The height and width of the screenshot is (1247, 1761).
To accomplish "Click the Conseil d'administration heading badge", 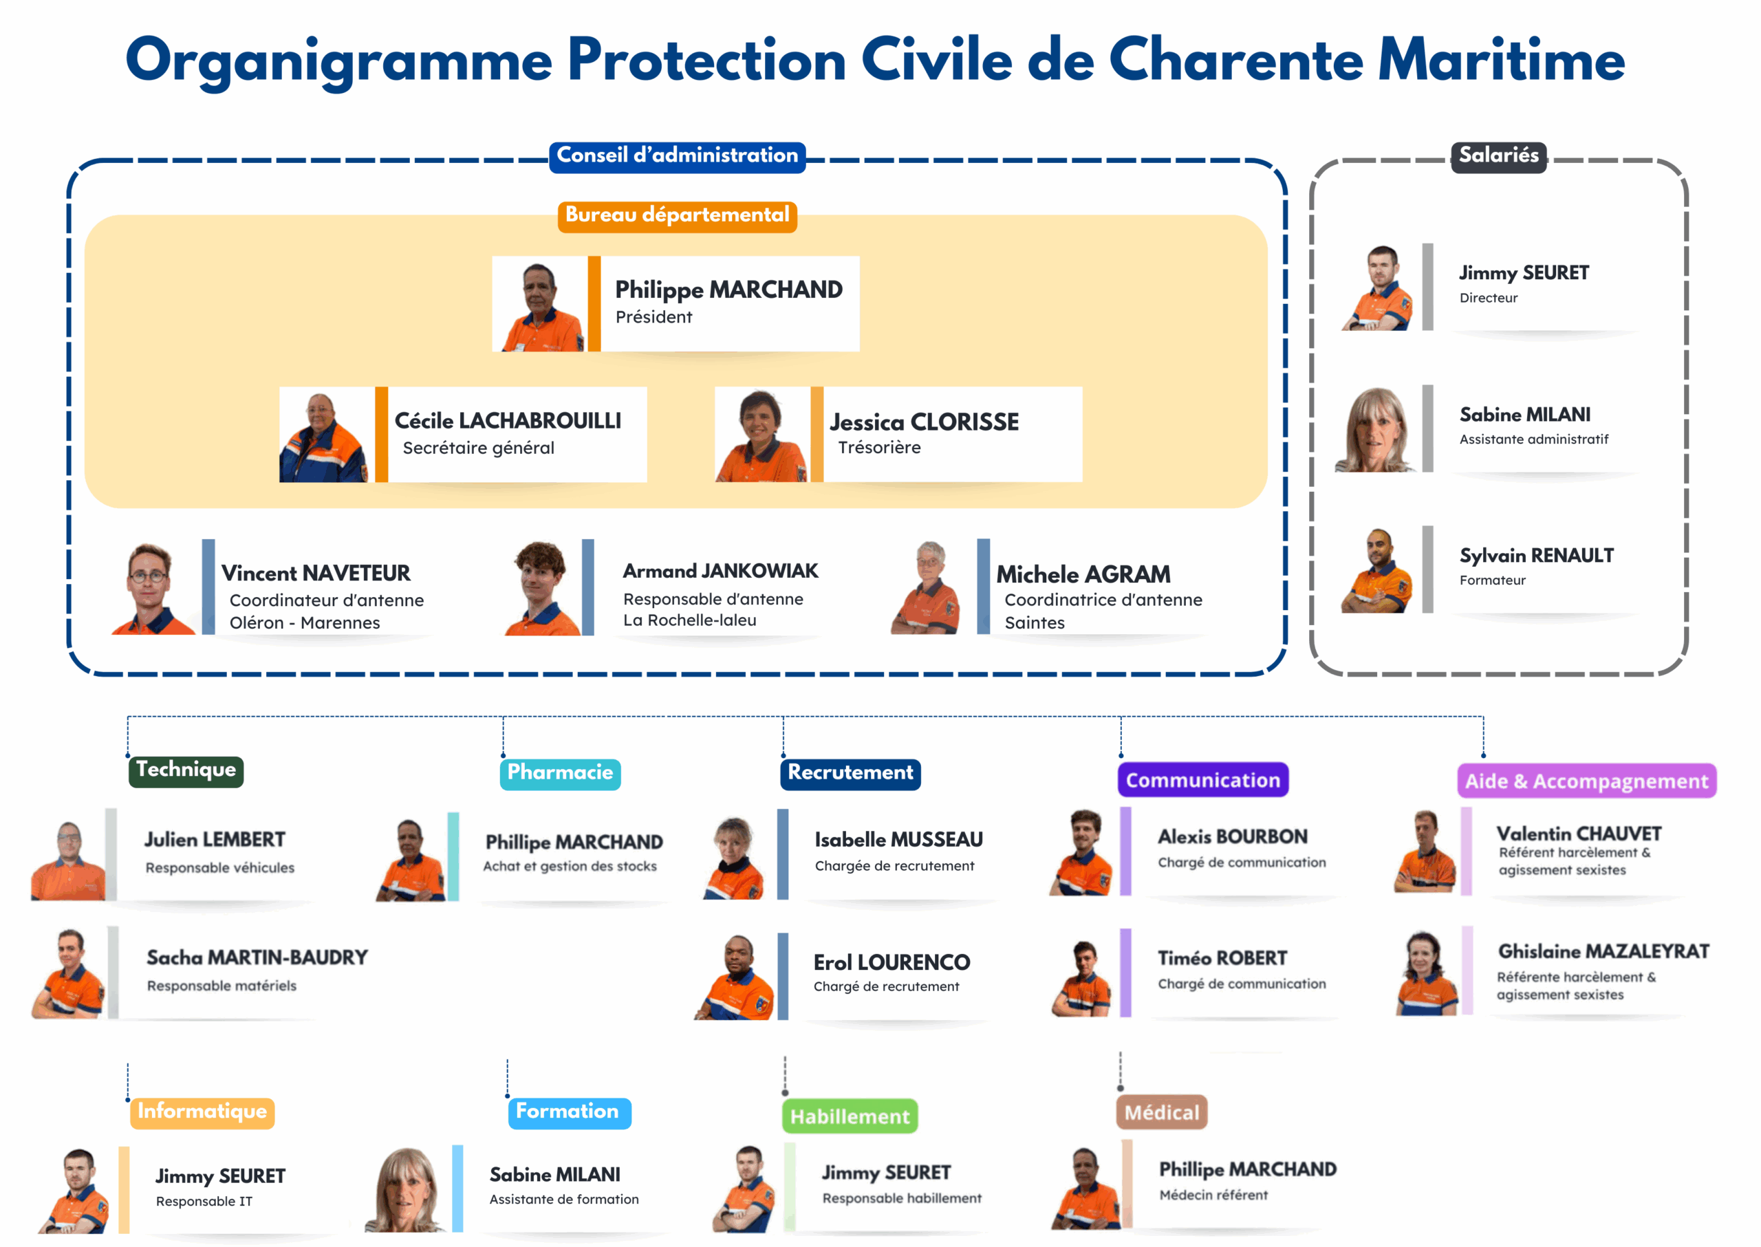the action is tap(677, 157).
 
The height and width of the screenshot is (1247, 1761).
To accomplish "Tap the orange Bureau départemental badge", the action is tap(677, 216).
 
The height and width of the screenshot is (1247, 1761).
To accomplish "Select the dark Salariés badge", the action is tap(1498, 157).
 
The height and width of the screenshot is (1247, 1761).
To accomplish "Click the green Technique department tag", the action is tap(186, 771).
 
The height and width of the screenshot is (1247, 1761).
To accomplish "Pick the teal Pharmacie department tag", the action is tap(560, 774).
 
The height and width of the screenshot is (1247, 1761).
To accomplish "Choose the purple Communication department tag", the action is tap(1202, 780).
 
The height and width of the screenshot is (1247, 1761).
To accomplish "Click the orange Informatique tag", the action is tap(202, 1113).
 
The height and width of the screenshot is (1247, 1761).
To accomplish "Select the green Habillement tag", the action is tap(850, 1116).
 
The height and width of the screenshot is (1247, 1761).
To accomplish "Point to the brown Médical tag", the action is tap(1161, 1113).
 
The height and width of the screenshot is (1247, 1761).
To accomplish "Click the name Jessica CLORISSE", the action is tap(924, 422).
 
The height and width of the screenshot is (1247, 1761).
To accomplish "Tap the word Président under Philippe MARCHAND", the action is tap(653, 317).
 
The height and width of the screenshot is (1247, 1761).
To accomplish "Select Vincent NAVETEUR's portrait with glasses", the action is tap(152, 589).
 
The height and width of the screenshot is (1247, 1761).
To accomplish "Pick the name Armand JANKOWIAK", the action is tap(720, 572).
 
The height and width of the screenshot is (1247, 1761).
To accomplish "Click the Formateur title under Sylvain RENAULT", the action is tap(1492, 581).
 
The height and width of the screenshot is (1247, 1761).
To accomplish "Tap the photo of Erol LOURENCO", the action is tap(734, 977).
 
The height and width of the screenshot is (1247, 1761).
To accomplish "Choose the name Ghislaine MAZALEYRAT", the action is tap(1603, 952).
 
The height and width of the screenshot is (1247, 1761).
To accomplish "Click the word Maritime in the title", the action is tap(1502, 60).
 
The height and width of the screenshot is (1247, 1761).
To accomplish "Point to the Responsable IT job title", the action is tap(204, 1202).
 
